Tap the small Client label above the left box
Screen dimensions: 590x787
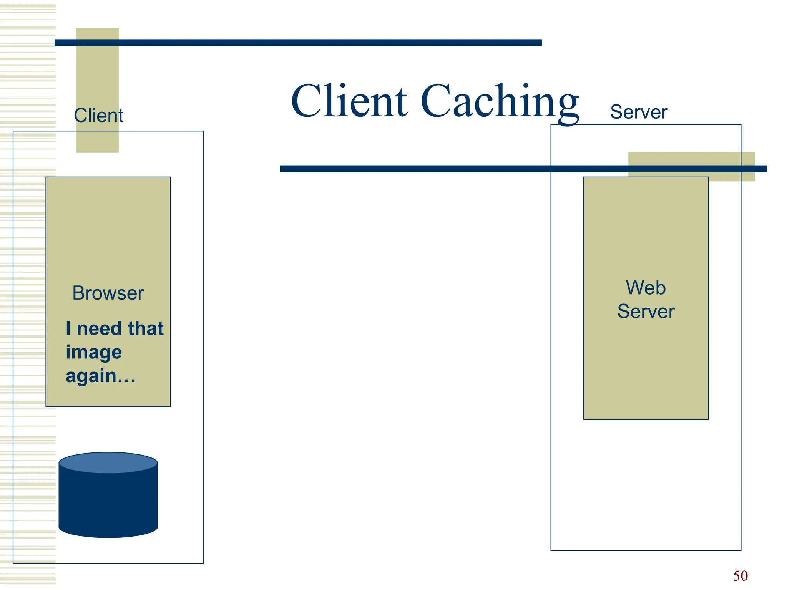98,115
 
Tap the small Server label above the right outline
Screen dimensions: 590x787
638,112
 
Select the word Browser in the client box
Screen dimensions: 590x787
108,293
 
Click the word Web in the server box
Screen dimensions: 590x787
646,288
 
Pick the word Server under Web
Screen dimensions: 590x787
646,311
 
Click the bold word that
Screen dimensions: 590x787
146,328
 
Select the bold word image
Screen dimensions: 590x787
94,353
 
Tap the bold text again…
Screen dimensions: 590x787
100,376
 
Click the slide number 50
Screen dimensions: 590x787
740,576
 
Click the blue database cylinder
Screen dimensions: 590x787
108,503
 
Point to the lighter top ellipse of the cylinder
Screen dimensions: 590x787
108,462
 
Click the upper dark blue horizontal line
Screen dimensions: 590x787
298,43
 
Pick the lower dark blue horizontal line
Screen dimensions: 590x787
423,169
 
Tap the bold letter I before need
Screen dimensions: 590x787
68,328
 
